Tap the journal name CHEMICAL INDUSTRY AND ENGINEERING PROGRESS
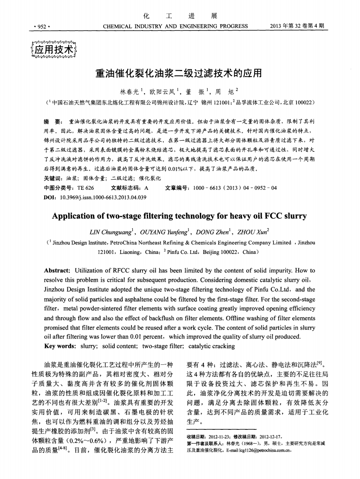175,26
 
